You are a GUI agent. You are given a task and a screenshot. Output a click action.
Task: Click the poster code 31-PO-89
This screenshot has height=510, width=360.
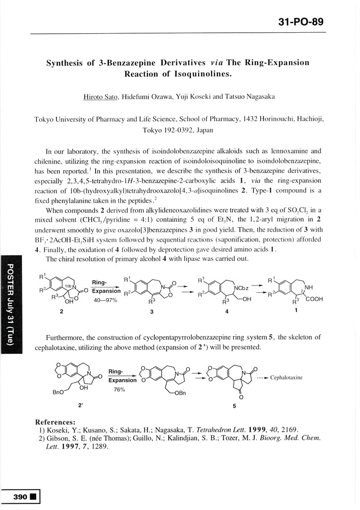300,23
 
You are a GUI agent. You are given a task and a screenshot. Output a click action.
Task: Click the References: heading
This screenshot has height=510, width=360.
55,422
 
